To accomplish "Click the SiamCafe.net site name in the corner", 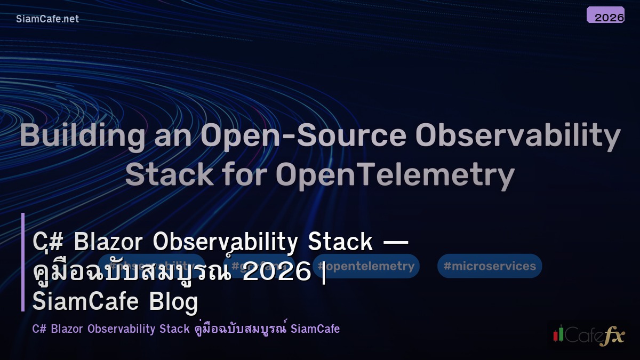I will coord(47,19).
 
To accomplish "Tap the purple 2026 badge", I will coord(605,15).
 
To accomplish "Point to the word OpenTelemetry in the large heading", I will coord(395,174).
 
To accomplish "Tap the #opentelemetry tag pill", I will coord(366,266).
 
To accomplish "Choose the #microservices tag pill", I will coord(490,266).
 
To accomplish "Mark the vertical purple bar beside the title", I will coord(23,262).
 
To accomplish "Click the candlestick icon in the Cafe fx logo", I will coord(558,334).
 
